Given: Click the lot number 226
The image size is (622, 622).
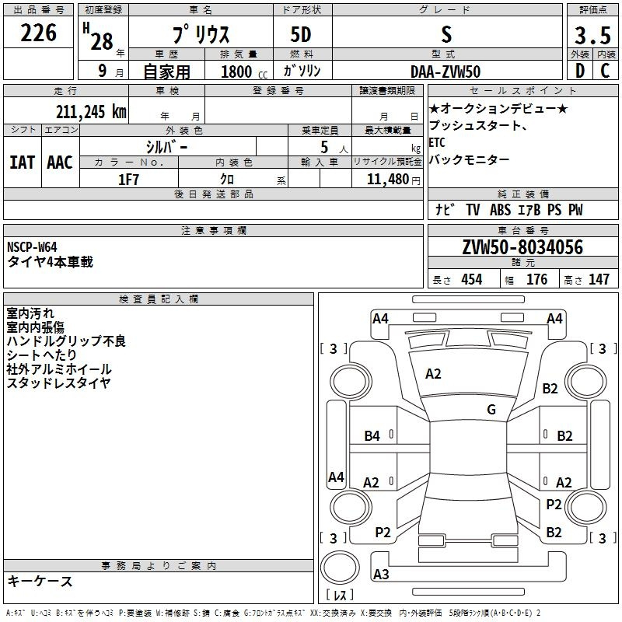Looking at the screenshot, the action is (x=38, y=33).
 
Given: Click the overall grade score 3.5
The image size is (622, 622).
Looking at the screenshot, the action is (x=592, y=35).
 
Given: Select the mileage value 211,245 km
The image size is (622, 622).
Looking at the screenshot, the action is (x=91, y=112).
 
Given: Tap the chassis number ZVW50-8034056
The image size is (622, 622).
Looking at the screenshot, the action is (x=522, y=247).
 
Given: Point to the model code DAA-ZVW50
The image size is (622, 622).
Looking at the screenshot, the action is (x=446, y=72).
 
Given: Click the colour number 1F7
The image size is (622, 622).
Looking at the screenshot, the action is (x=128, y=180).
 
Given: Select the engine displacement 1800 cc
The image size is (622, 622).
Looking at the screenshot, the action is (x=244, y=72).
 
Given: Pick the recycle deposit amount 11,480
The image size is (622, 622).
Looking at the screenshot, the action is (x=388, y=180).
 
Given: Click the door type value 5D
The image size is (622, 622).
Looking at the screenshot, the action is (x=301, y=35).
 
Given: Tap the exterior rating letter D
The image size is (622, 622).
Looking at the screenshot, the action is (x=580, y=71).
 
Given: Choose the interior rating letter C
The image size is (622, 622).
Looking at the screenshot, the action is (x=605, y=71).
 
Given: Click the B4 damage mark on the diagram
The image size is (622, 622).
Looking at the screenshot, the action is (x=372, y=436).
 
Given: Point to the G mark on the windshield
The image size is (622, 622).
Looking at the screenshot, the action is (x=491, y=410).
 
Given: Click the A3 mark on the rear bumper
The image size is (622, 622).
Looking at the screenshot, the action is (x=381, y=574).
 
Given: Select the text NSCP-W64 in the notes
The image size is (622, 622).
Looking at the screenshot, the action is (x=32, y=247).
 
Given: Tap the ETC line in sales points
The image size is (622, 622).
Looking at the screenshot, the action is (x=437, y=142).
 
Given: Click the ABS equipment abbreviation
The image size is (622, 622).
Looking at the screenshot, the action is (x=500, y=210).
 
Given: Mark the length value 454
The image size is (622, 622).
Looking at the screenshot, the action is (x=472, y=279).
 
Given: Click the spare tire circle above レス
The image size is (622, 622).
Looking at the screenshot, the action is (x=340, y=568).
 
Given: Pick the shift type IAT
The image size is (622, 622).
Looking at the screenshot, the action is (x=22, y=162).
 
